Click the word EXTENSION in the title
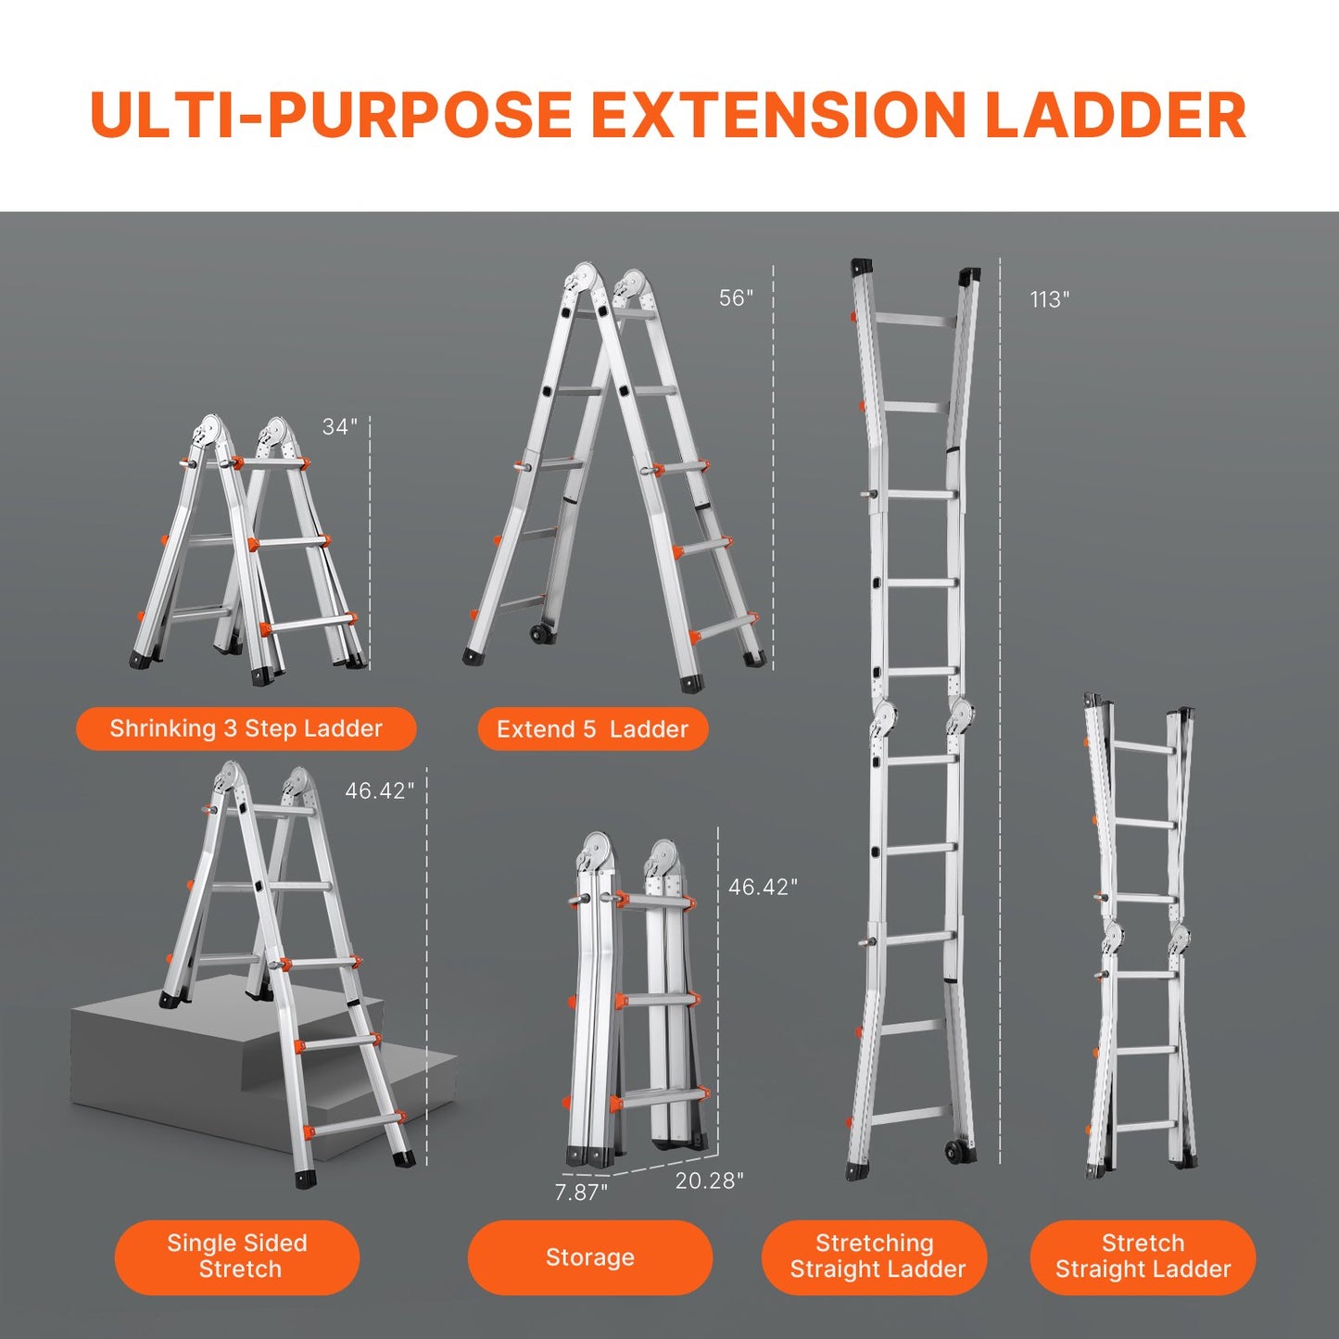click(778, 116)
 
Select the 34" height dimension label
click(339, 427)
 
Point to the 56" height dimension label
click(736, 298)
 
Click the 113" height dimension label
click(1049, 300)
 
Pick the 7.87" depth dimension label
click(581, 1193)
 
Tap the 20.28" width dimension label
click(709, 1181)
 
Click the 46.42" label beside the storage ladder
click(762, 888)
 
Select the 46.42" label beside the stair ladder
click(379, 791)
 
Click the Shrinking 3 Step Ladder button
click(246, 729)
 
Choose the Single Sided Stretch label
click(237, 1257)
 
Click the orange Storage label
click(589, 1257)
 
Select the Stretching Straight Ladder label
click(876, 1257)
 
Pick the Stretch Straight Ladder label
click(1143, 1257)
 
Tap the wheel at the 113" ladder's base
click(954, 1152)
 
